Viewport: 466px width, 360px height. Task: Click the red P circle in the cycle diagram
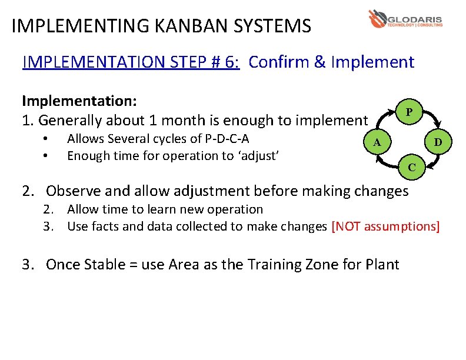pyautogui.click(x=410, y=112)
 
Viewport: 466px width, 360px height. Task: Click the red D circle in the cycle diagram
pyautogui.click(x=438, y=142)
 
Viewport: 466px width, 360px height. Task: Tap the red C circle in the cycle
pyautogui.click(x=412, y=167)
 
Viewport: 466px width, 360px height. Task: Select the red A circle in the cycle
pyautogui.click(x=379, y=142)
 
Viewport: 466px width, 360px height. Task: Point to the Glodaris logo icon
pyautogui.click(x=377, y=18)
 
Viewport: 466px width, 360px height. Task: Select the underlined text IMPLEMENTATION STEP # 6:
pyautogui.click(x=131, y=62)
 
